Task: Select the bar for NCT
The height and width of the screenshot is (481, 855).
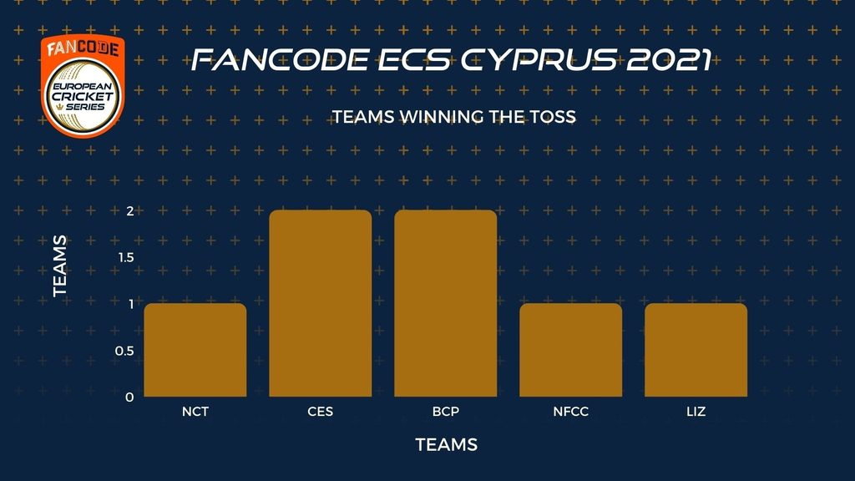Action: coord(195,350)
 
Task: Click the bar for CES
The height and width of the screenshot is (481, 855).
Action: coord(320,303)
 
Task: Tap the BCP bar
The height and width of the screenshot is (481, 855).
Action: coord(446,303)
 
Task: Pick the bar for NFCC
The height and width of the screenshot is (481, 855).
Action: coord(570,350)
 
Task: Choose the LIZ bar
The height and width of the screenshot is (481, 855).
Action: coord(696,350)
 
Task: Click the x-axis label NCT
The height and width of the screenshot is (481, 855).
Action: coord(195,411)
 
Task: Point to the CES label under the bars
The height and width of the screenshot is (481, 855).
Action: coord(320,411)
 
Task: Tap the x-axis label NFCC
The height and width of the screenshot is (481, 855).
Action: coord(571,411)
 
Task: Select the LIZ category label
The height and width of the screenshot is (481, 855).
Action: coord(696,411)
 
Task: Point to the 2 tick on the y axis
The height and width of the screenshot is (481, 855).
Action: coord(129,211)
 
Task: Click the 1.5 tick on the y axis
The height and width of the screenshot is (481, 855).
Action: coord(126,257)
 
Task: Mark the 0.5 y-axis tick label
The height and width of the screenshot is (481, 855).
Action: coord(124,351)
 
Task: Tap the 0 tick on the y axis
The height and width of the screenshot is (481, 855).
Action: coord(129,397)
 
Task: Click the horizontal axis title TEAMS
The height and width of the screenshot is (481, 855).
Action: coord(446,444)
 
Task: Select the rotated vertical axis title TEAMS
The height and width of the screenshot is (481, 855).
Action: coord(60,266)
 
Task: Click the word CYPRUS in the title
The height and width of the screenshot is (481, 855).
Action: coord(539,59)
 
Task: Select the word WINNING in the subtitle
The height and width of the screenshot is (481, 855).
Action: coord(441,117)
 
